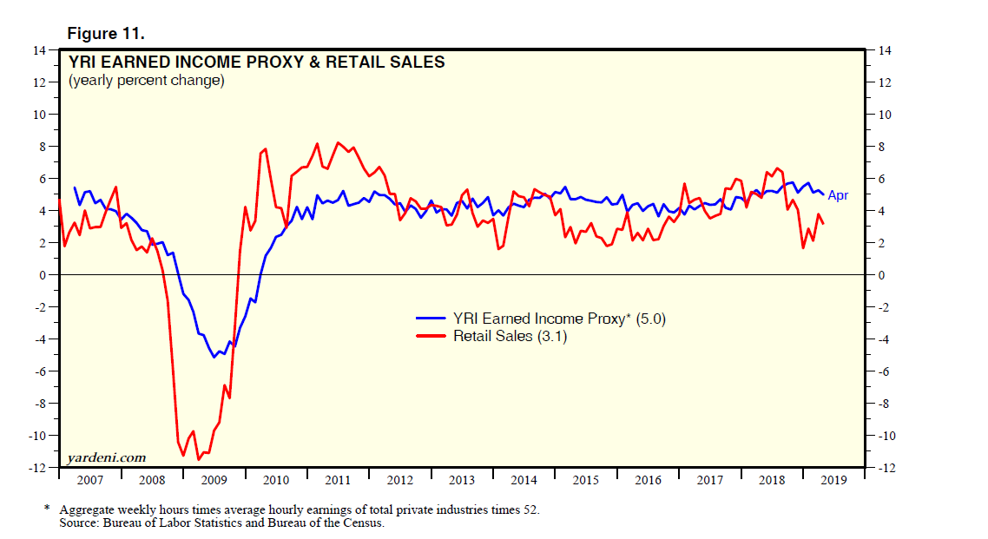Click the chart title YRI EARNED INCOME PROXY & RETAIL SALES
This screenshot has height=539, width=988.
pyautogui.click(x=257, y=62)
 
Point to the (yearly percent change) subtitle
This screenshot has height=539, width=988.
pyautogui.click(x=146, y=81)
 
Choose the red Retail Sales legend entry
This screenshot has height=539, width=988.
pyautogui.click(x=510, y=336)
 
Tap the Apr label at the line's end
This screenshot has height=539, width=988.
pyautogui.click(x=838, y=196)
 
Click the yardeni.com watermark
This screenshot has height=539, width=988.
pyautogui.click(x=106, y=457)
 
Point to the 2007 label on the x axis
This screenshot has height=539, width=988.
pyautogui.click(x=89, y=480)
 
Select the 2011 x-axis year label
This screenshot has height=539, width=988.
pyautogui.click(x=337, y=480)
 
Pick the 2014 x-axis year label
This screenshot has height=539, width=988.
pyautogui.click(x=524, y=480)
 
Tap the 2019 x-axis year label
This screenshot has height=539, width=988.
pyautogui.click(x=834, y=480)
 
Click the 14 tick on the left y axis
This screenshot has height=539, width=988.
pyautogui.click(x=40, y=50)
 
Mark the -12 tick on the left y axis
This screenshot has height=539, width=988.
pyautogui.click(x=37, y=468)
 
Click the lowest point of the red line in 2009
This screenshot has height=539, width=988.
pyautogui.click(x=198, y=459)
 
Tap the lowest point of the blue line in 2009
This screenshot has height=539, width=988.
pyautogui.click(x=214, y=357)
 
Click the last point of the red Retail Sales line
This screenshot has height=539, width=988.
pyautogui.click(x=823, y=225)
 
